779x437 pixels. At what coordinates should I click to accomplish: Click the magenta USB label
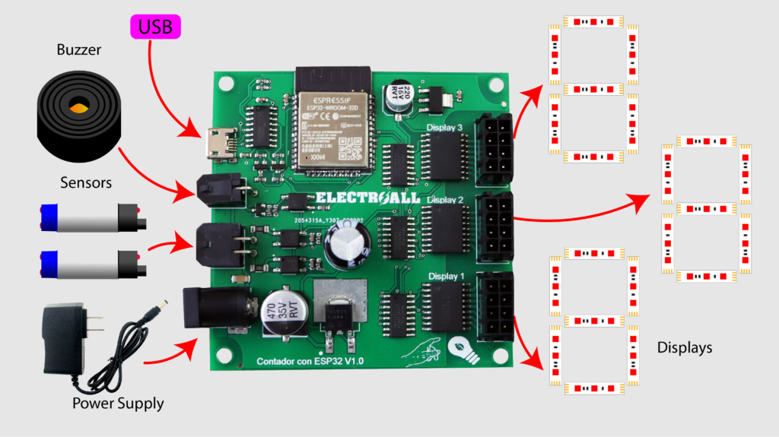point(155,27)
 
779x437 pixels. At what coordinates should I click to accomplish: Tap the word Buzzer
point(79,52)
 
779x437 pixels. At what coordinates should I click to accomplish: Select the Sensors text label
point(86,182)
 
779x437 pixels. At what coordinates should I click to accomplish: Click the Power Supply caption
point(118,403)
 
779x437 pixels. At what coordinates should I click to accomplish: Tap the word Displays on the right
point(685,348)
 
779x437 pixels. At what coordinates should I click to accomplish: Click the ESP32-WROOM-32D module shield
point(330,129)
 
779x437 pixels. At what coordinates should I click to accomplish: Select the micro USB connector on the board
point(219,143)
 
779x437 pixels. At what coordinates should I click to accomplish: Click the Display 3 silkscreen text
point(444,128)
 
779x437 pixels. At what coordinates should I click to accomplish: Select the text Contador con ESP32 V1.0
point(310,362)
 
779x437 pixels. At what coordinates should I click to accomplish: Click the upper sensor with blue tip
point(87,217)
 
